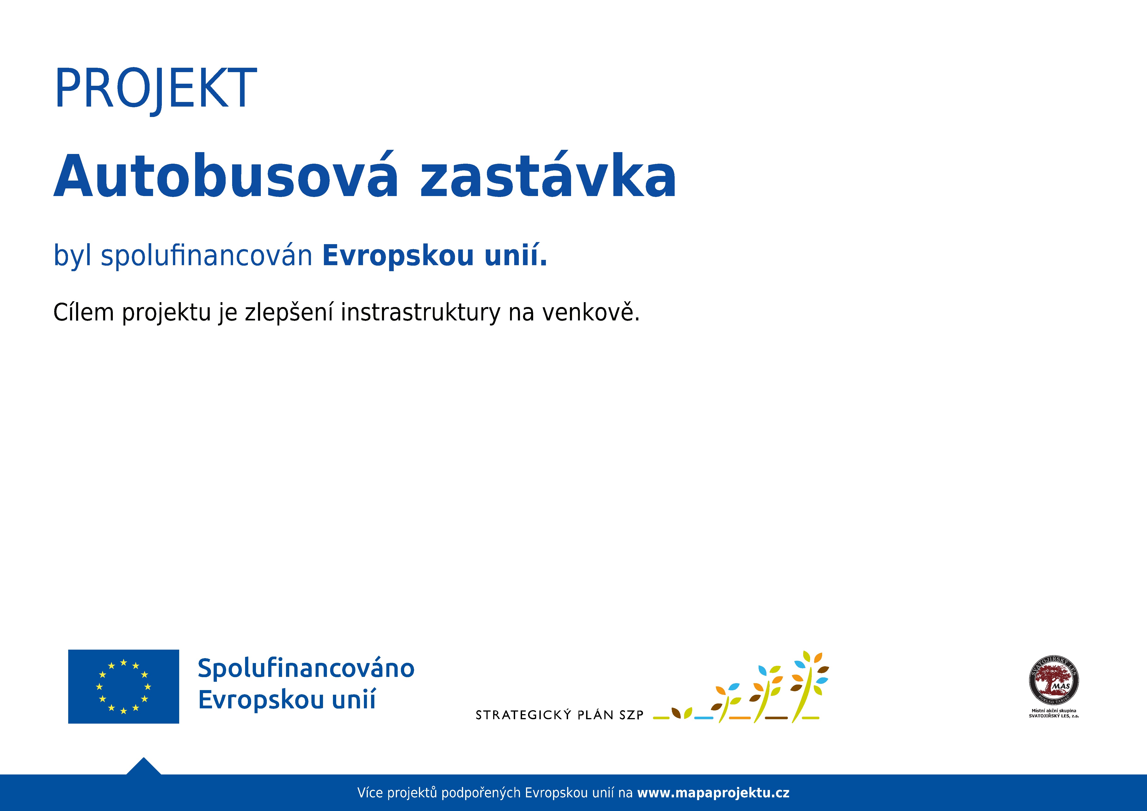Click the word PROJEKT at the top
tap(155, 88)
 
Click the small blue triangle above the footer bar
tap(144, 767)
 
